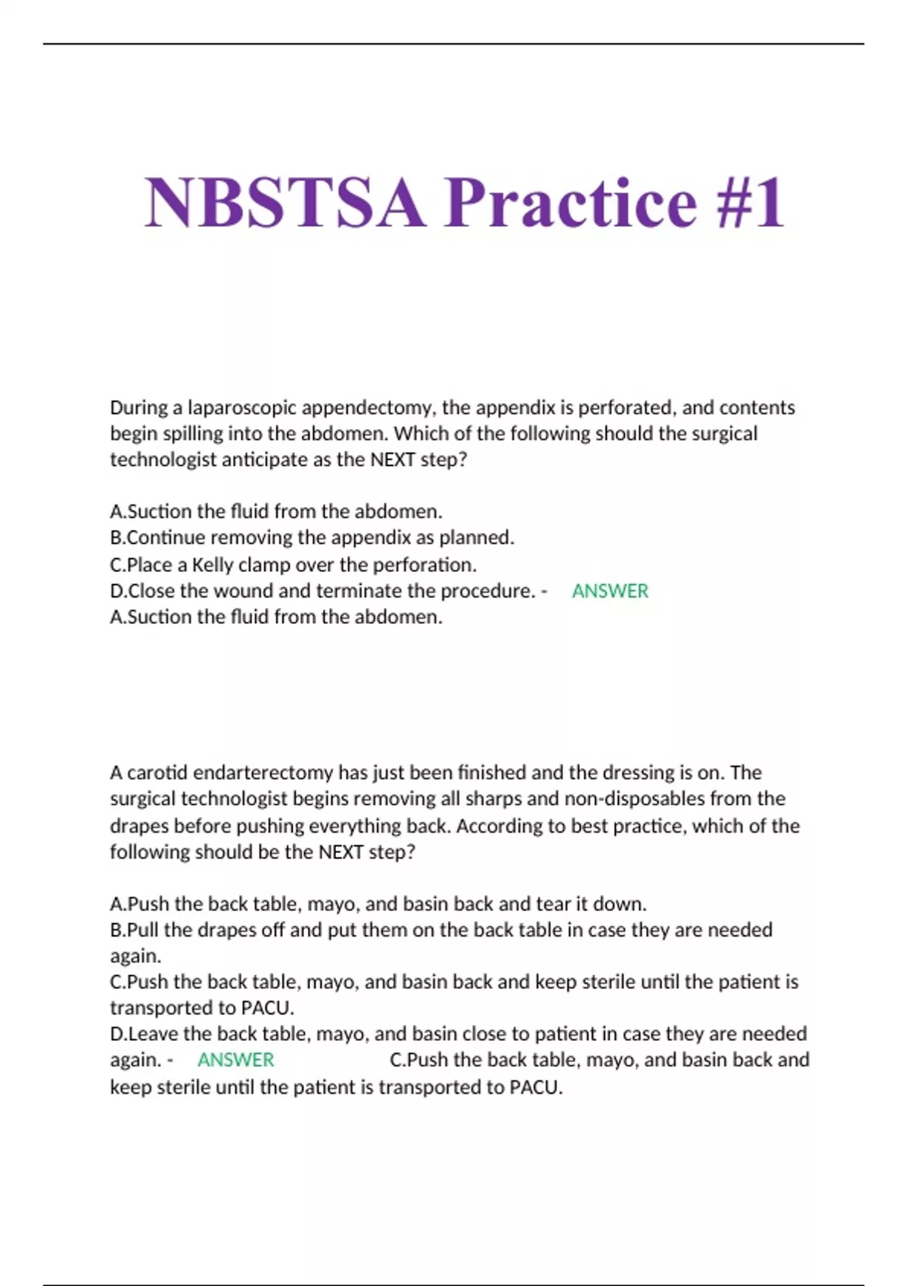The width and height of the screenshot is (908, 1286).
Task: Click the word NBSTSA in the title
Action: pyautogui.click(x=284, y=202)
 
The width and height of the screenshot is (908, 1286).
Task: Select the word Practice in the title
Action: pyautogui.click(x=571, y=202)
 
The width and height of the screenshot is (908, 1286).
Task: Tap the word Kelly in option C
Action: pyautogui.click(x=213, y=565)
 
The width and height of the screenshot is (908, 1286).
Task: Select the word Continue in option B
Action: pyautogui.click(x=166, y=538)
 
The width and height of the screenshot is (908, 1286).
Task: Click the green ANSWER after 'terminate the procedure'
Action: pyautogui.click(x=610, y=591)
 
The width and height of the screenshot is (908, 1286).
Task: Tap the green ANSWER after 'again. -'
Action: pyautogui.click(x=235, y=1060)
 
